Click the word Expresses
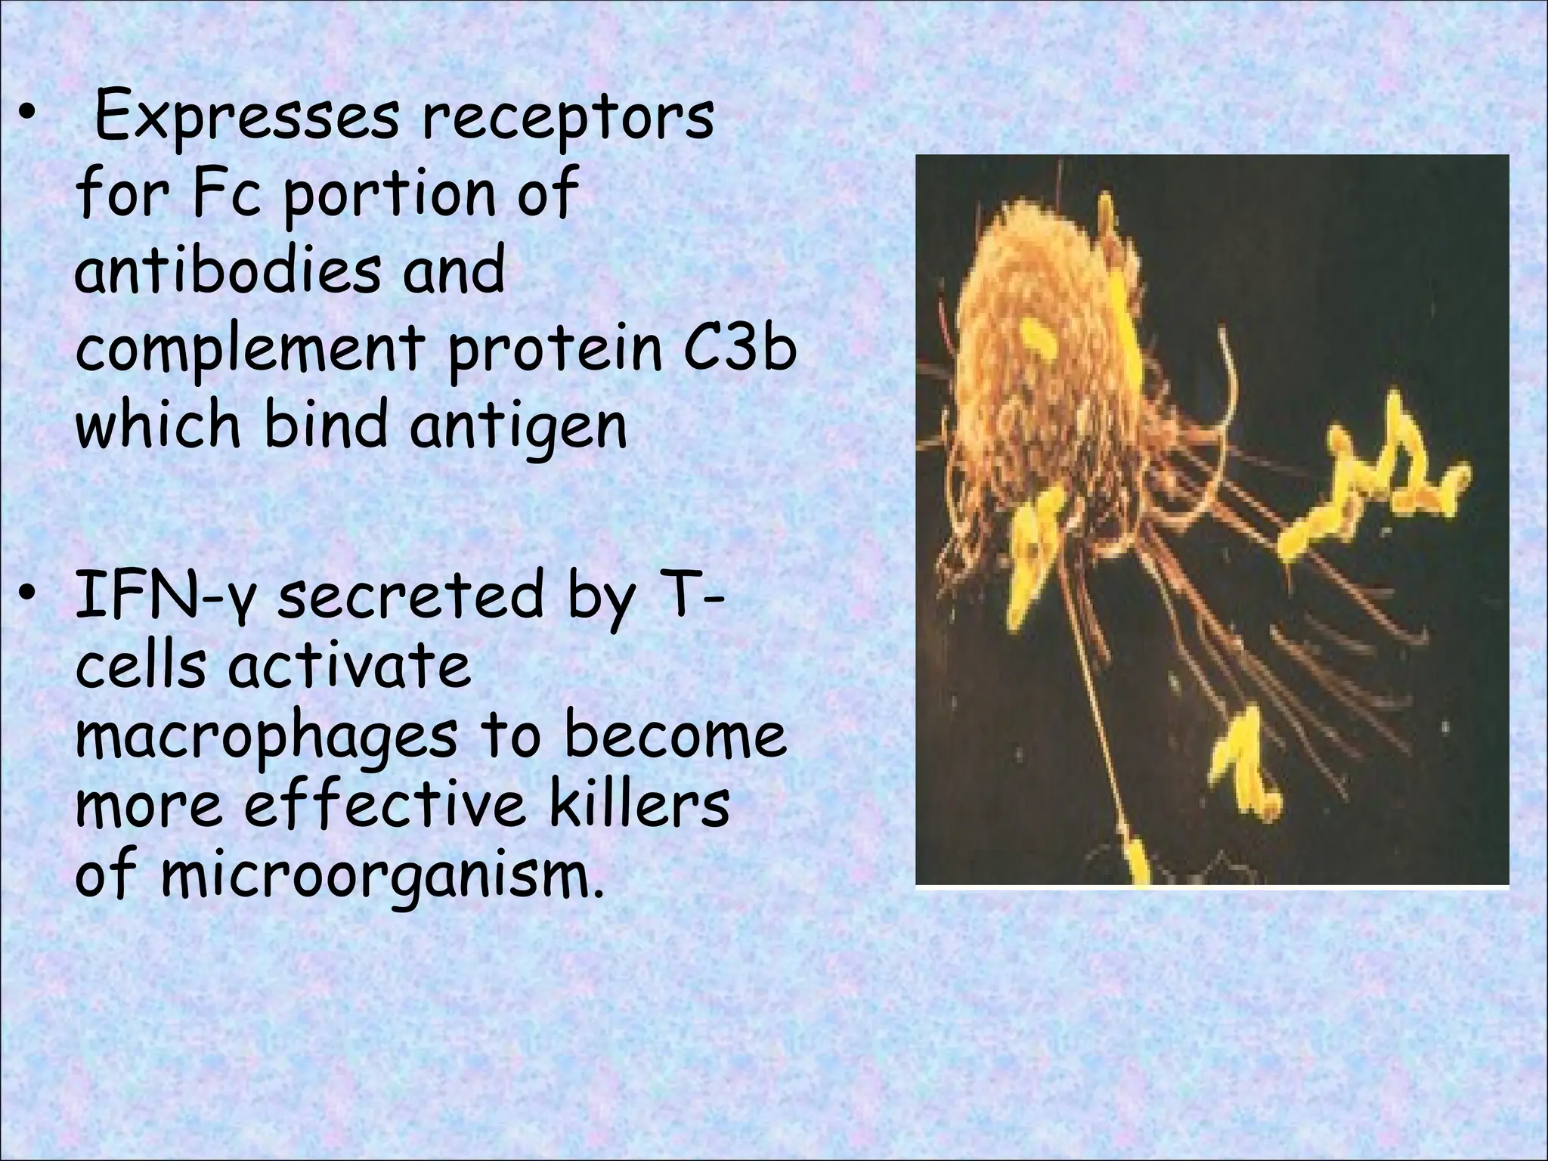click(246, 119)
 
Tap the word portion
click(384, 197)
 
